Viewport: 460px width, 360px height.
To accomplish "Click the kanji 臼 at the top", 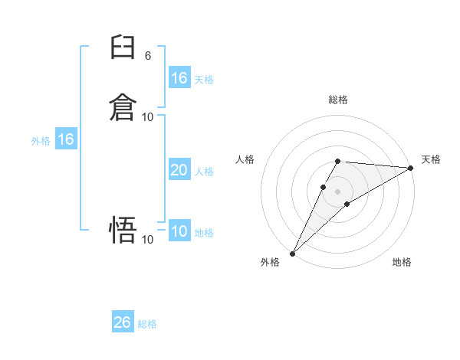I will [123, 48].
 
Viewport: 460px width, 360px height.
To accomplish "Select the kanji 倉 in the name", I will [123, 106].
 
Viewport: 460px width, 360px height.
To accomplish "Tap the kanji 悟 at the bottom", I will [123, 229].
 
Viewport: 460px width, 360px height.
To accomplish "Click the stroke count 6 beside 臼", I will [148, 55].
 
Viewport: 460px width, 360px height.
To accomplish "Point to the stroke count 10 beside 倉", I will [148, 116].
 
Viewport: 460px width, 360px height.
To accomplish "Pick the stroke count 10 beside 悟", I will [148, 240].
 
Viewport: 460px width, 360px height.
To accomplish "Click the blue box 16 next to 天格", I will [179, 77].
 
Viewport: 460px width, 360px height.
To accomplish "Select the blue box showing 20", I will [179, 170].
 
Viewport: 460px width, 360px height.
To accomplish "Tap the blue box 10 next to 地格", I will [179, 231].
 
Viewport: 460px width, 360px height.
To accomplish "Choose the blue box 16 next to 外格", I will [66, 139].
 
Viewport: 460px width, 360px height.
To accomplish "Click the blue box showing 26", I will [123, 322].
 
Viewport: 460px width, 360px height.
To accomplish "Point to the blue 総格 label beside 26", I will [148, 324].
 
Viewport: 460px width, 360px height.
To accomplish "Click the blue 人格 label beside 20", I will [204, 172].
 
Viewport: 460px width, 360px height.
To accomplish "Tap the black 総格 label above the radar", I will [338, 100].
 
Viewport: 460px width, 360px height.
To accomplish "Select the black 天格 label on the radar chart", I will [431, 159].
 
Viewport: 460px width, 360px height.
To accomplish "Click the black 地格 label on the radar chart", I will [402, 263].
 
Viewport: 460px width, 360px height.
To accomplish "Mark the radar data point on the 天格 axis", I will [411, 168].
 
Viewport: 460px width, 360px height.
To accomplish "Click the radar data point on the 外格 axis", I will [293, 253].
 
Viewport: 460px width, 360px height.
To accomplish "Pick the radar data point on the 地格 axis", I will [347, 204].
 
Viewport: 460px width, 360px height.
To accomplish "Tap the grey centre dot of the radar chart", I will [338, 191].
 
